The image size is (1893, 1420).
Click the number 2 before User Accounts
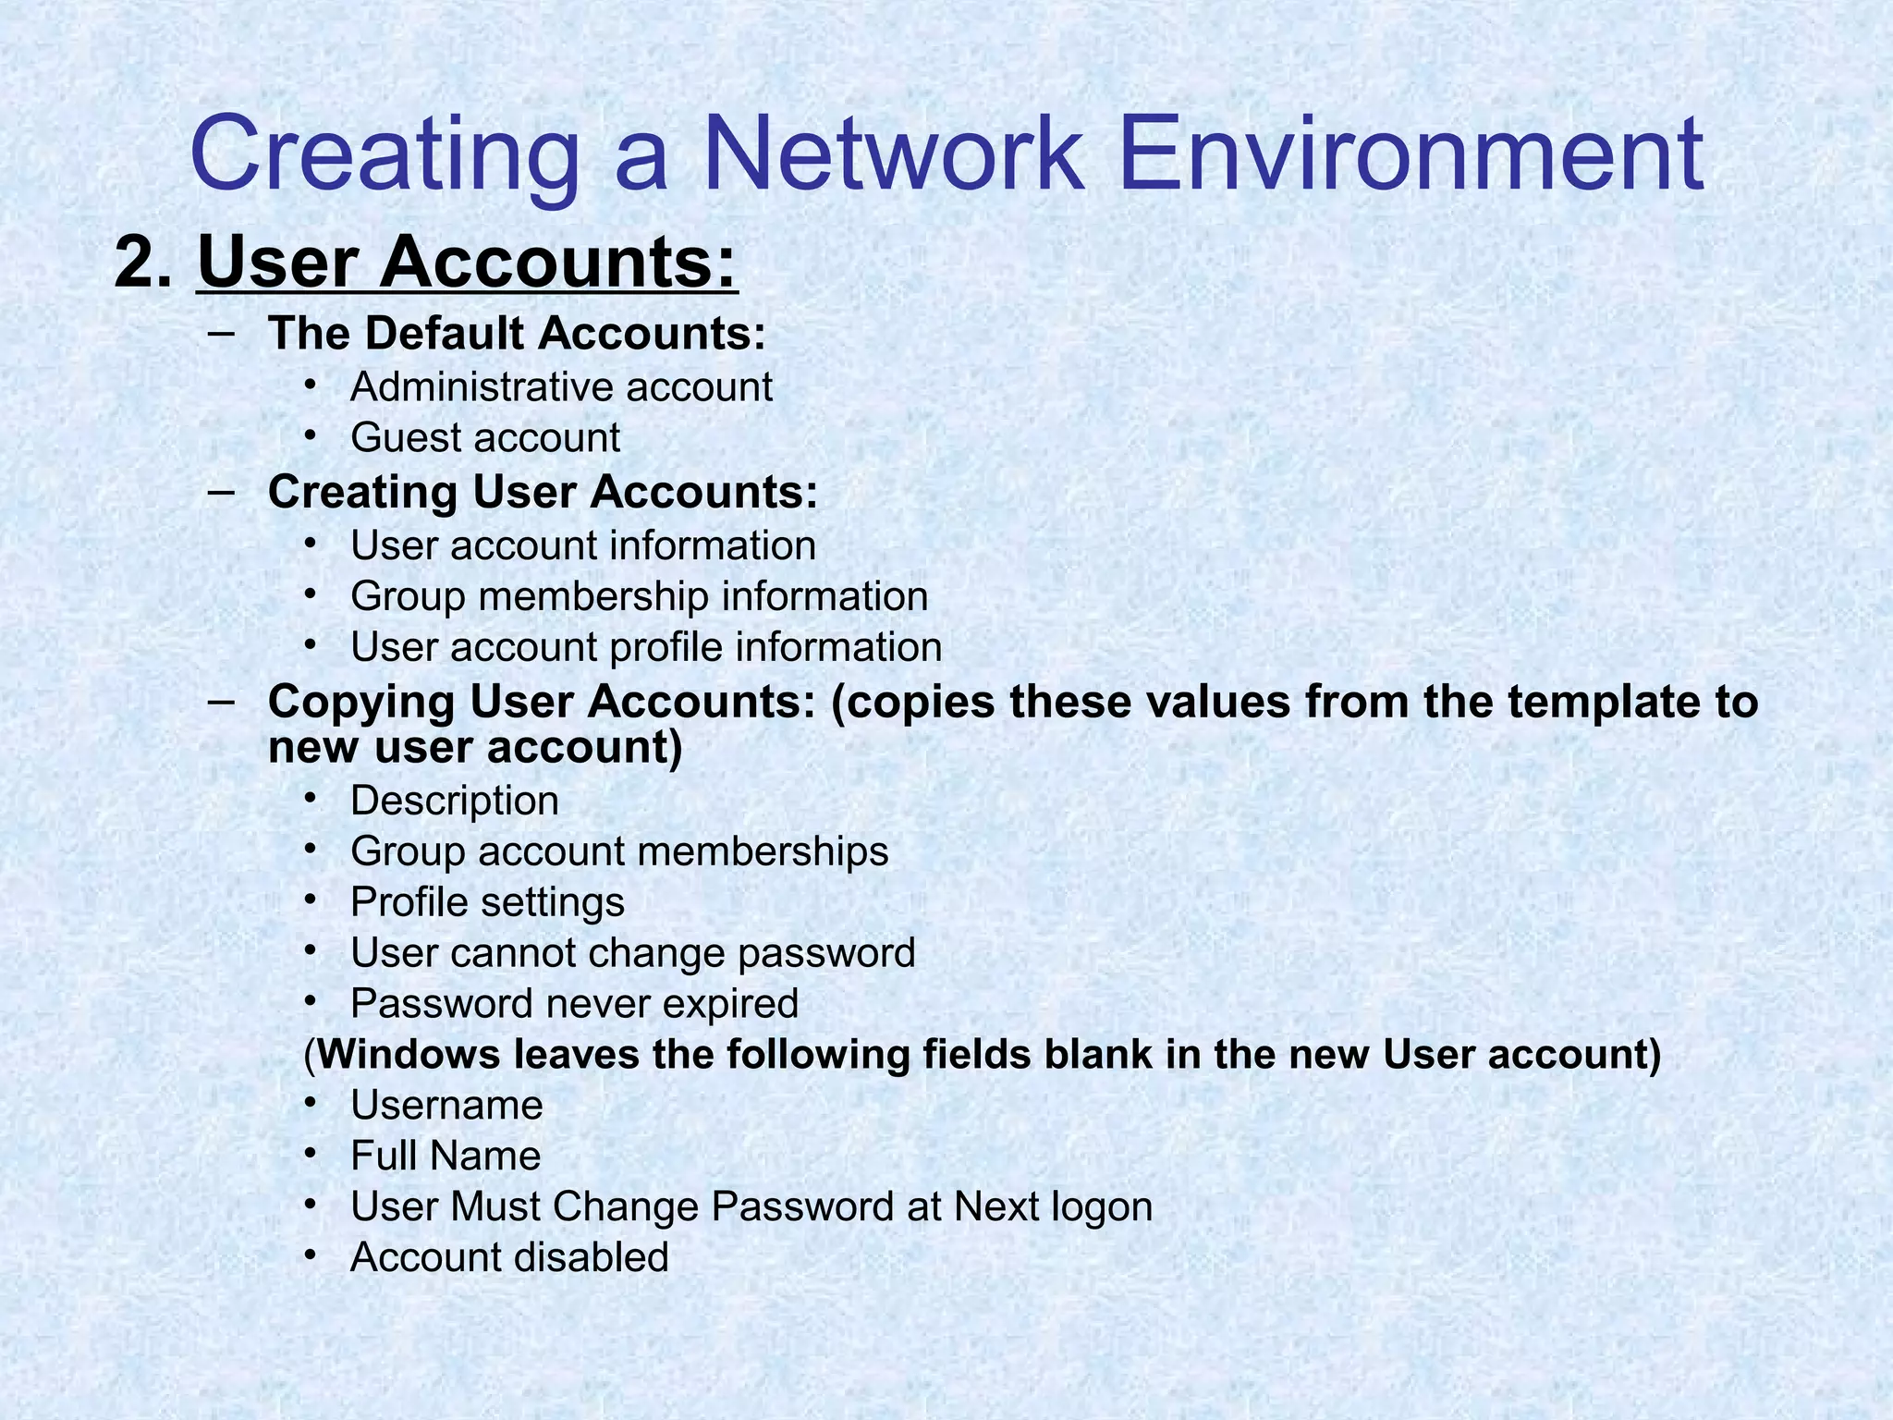tap(141, 263)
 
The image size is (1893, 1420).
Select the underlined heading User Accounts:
tap(468, 263)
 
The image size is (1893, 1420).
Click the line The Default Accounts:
tap(517, 333)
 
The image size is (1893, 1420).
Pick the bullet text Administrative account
tap(561, 386)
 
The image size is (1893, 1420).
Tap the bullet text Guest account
tap(485, 437)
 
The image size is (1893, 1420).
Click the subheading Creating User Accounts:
tap(543, 491)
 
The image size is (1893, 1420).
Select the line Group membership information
tap(639, 595)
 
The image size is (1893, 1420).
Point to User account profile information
tap(646, 646)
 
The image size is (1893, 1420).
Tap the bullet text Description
tap(455, 800)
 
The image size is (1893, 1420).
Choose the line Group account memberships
tap(619, 851)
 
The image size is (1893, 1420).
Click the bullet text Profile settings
tap(487, 901)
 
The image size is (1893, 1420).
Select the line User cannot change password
tap(633, 952)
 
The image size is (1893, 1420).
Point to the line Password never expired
tap(574, 1003)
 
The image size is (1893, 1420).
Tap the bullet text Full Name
tap(446, 1156)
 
